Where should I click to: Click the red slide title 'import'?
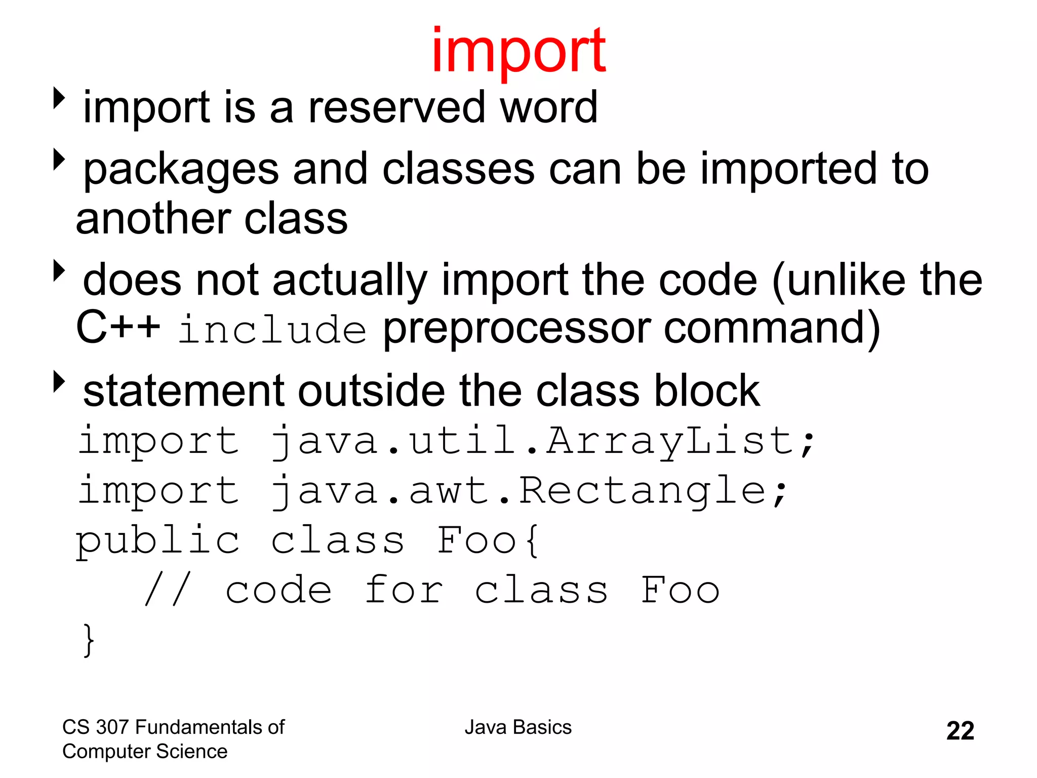(x=518, y=51)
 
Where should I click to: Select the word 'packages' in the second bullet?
(x=181, y=170)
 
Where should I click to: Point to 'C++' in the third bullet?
(x=117, y=328)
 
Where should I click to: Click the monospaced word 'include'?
(x=272, y=330)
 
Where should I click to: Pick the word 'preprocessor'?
(x=516, y=330)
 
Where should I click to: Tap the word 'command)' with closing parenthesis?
(x=772, y=330)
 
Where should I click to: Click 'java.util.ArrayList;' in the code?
(x=542, y=441)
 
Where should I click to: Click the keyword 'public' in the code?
(x=157, y=540)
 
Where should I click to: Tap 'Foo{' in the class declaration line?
(x=489, y=540)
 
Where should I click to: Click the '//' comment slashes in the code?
(x=168, y=590)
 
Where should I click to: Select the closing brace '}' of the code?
(x=89, y=640)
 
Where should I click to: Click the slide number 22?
(x=960, y=731)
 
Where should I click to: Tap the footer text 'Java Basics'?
(x=518, y=727)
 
